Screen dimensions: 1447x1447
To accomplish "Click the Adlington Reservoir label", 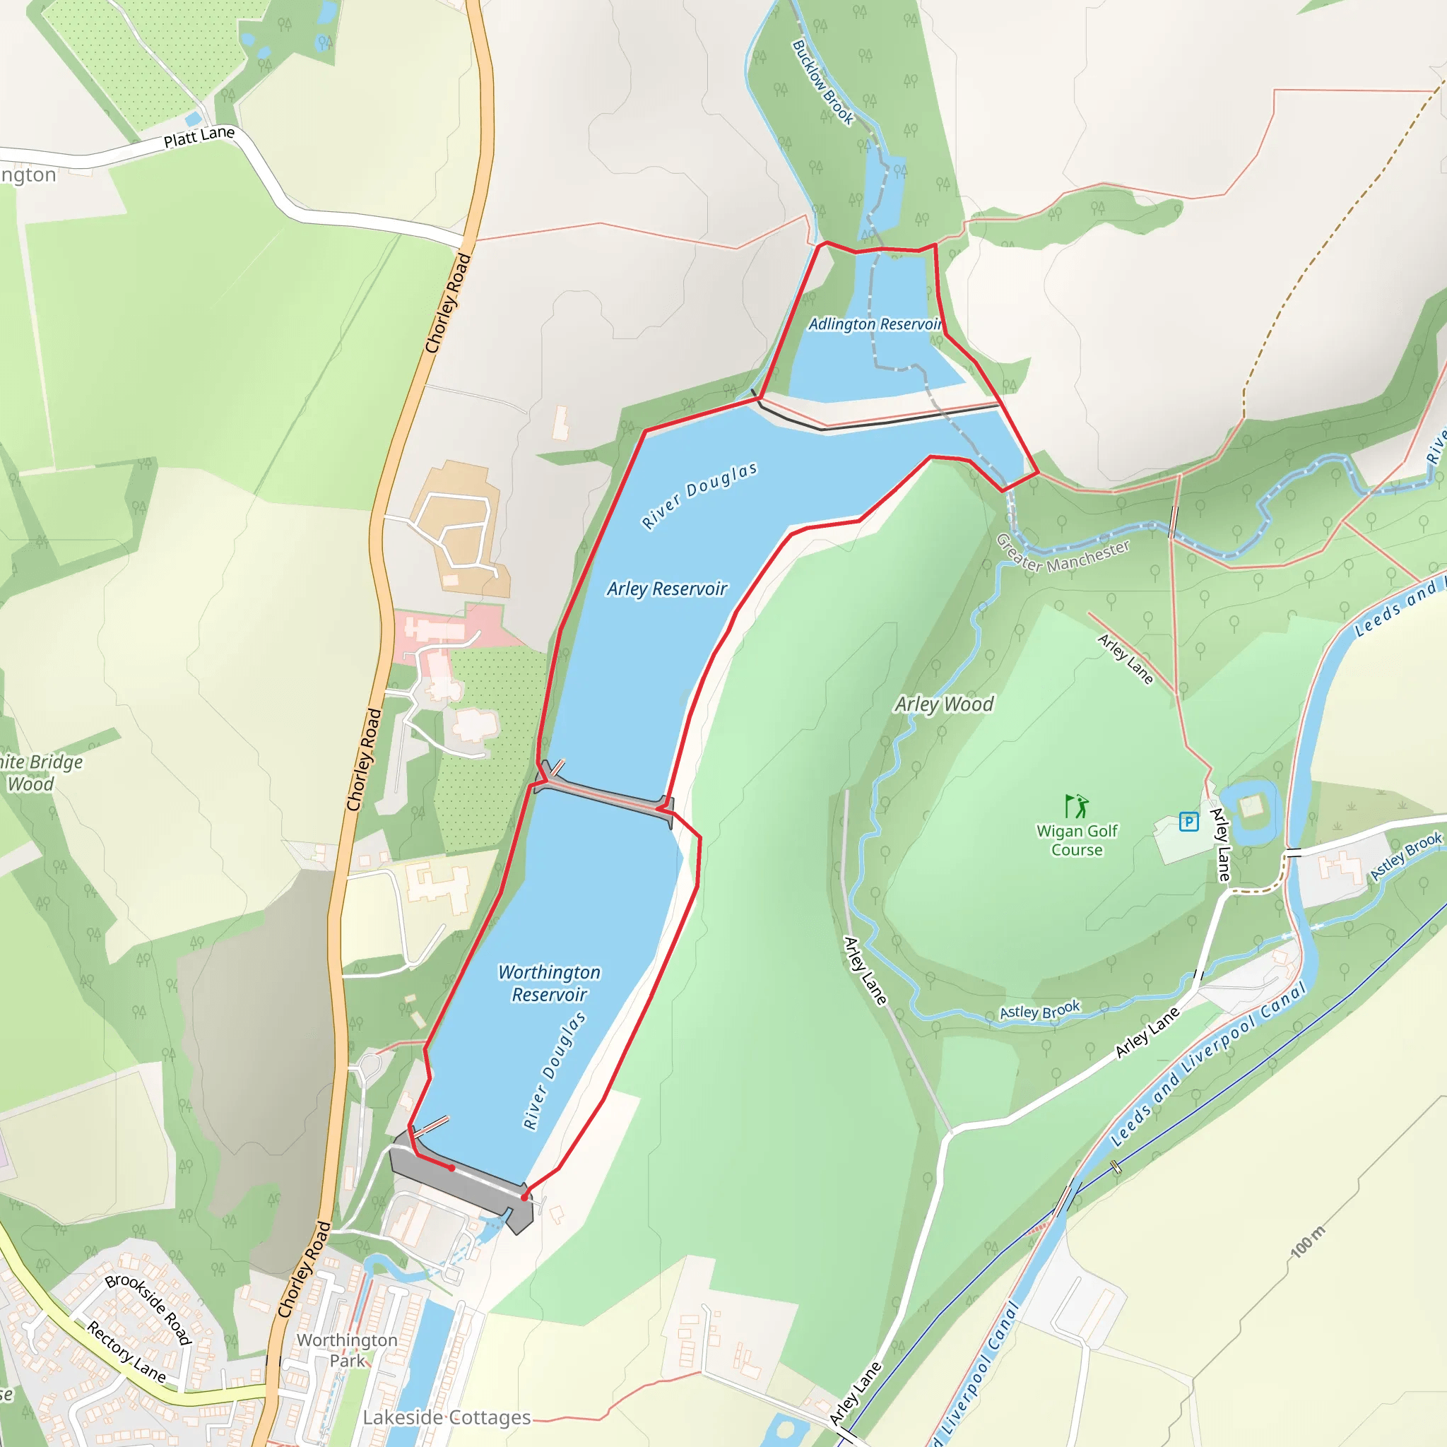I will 874,324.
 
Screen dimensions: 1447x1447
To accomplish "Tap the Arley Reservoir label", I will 666,589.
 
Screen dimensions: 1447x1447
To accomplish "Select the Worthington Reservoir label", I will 549,983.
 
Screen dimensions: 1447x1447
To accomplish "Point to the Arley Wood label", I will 944,704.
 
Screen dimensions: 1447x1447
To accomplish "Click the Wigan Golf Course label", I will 1076,839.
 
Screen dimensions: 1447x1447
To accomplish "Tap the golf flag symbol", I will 1076,806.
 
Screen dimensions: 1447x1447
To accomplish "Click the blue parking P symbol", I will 1188,822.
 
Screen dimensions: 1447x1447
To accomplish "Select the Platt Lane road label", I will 199,136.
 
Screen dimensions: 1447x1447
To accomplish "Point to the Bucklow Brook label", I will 822,83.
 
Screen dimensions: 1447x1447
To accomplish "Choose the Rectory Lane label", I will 126,1350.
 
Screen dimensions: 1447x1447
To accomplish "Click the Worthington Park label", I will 347,1349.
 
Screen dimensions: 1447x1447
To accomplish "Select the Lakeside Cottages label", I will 447,1417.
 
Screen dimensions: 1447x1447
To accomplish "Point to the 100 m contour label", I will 1308,1242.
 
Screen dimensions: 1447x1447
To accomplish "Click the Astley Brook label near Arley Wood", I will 1039,1011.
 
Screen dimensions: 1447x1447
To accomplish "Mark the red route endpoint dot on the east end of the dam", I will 524,1198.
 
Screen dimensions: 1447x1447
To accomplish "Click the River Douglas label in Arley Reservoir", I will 699,495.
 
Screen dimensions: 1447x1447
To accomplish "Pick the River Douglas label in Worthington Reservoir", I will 554,1070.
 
